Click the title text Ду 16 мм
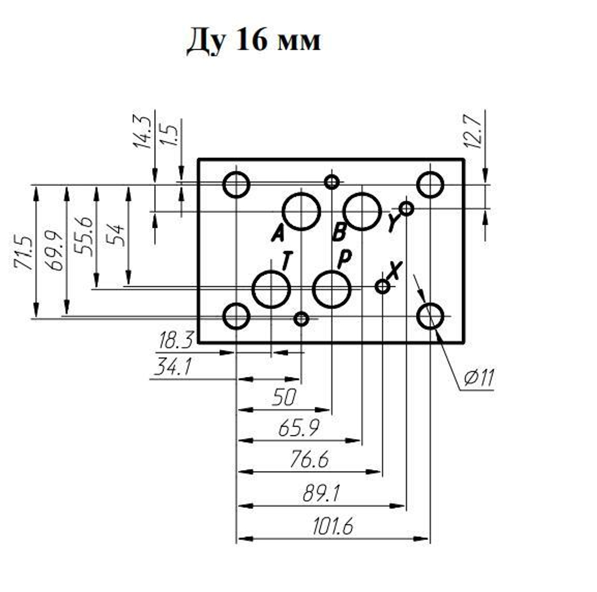(254, 41)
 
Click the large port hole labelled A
(301, 211)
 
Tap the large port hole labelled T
(271, 289)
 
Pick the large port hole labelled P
(332, 289)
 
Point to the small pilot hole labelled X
(383, 287)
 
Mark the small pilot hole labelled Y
(407, 208)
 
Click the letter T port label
(287, 261)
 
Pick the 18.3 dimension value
(175, 342)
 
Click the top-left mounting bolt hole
(236, 185)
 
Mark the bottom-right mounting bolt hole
(430, 316)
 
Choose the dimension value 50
(284, 397)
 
